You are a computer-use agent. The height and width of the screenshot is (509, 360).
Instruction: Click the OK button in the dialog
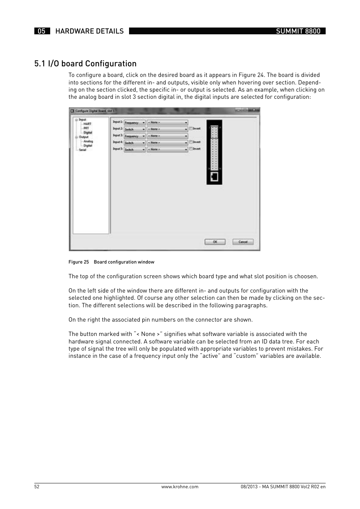click(x=215, y=242)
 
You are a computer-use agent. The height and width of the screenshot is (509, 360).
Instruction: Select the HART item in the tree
click(x=87, y=124)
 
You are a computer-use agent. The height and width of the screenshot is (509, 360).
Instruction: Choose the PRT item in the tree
click(x=86, y=128)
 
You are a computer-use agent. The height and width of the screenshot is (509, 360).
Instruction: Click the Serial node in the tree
click(x=82, y=150)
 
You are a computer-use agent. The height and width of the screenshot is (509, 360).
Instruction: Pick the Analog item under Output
click(x=88, y=141)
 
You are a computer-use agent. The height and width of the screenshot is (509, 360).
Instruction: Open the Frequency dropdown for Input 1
click(x=134, y=123)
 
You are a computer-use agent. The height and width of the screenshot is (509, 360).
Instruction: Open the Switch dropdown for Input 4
click(x=134, y=143)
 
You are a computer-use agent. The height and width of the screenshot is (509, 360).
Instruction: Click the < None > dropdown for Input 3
click(x=168, y=136)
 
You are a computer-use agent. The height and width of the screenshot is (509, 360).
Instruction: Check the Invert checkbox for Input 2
click(x=191, y=129)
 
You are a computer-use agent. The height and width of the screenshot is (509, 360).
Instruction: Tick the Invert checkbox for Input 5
click(x=191, y=149)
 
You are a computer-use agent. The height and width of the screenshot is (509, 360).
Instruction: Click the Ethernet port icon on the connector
click(x=214, y=176)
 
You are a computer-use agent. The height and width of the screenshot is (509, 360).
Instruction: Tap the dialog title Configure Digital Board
click(x=95, y=111)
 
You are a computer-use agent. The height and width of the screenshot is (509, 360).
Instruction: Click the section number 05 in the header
click(x=42, y=31)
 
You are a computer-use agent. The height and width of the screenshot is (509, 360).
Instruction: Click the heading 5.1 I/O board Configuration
click(x=85, y=63)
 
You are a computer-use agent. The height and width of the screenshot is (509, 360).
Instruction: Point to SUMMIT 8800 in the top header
click(x=298, y=31)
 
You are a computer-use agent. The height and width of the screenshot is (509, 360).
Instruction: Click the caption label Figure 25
click(x=78, y=262)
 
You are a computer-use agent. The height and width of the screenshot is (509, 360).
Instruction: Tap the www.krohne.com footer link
click(x=180, y=487)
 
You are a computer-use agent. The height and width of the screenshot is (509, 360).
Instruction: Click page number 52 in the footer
click(x=37, y=487)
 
